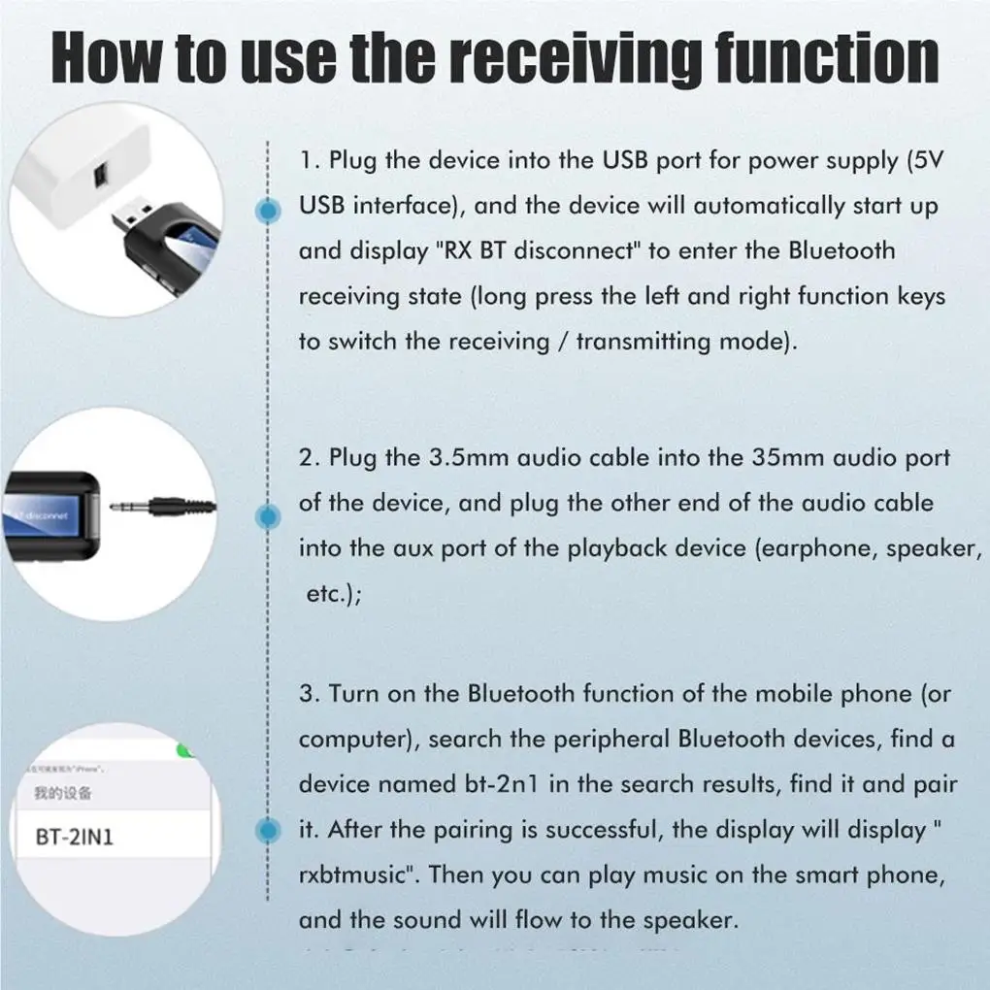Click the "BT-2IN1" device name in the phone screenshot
click(75, 836)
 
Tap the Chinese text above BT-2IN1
click(63, 793)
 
